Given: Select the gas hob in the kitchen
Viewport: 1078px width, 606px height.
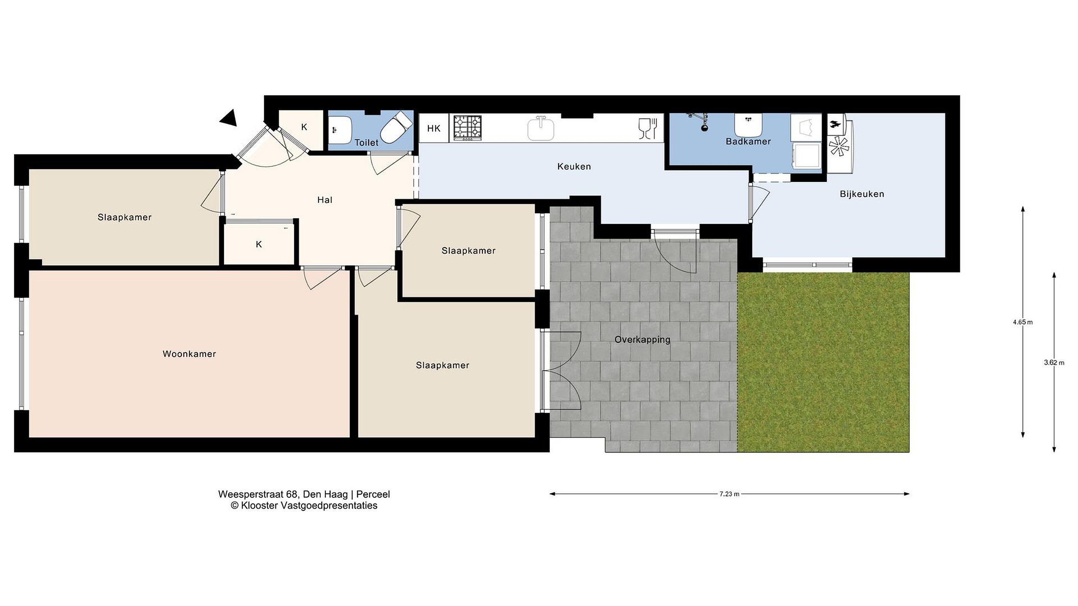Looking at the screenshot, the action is click(467, 128).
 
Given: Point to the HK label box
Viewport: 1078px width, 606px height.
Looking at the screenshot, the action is click(433, 128).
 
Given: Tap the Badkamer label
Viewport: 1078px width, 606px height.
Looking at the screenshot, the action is click(748, 141).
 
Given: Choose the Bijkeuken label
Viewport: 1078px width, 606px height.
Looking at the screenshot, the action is click(862, 194).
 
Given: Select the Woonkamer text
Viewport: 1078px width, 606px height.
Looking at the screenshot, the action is click(189, 354).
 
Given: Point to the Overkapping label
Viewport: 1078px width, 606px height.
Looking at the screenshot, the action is click(642, 340).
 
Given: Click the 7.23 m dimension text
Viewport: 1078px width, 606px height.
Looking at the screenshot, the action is click(730, 494).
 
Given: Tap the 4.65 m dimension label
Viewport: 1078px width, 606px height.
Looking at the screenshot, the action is click(1022, 322).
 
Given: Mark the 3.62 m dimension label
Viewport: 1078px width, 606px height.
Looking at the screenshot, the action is click(1054, 362).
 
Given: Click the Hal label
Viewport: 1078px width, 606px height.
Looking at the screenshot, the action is click(325, 200).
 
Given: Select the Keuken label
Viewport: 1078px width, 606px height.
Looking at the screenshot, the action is click(574, 166).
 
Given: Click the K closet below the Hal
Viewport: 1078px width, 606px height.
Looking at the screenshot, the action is click(259, 244).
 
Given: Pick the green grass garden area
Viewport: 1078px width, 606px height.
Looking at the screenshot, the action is click(823, 362).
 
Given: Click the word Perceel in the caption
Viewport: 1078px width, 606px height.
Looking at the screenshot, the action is click(373, 494).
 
